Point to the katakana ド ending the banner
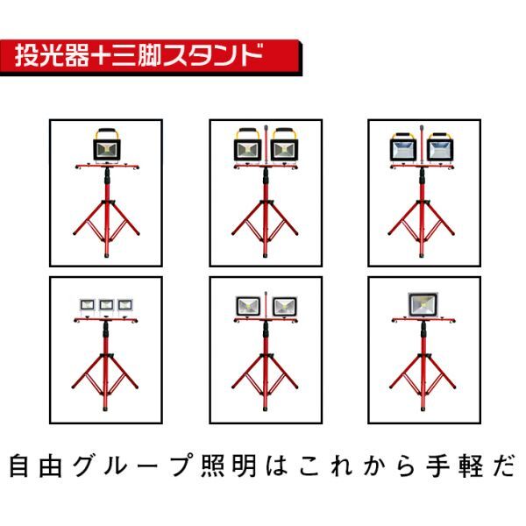tap(251, 55)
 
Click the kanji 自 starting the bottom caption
tap(18, 466)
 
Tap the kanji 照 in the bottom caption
tap(213, 466)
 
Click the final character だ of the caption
tap(503, 466)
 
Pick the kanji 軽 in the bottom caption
tap(470, 466)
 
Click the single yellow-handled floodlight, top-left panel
tap(107, 146)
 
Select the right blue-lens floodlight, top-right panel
tap(440, 147)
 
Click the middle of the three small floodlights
tap(106, 305)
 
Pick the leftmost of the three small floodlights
tap(88, 305)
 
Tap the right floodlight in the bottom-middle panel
tap(285, 307)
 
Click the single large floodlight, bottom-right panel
tap(423, 304)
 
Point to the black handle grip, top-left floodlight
tap(107, 130)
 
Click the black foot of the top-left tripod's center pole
tap(107, 254)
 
